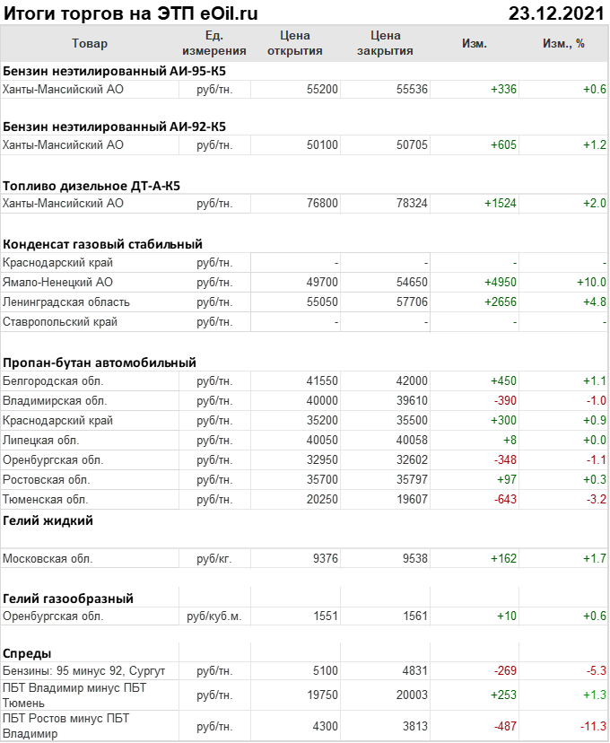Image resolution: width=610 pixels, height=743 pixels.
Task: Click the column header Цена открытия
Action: pos(295,43)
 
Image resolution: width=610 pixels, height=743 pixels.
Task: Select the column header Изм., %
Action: pos(563,43)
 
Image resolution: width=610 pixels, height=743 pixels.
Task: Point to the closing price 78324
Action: pos(412,204)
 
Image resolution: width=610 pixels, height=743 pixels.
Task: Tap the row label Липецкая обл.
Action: pos(41,441)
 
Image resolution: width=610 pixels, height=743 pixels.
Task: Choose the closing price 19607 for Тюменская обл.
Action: pos(412,500)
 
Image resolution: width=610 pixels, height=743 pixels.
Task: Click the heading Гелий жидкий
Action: pos(48,520)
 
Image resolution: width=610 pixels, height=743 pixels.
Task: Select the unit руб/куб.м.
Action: pos(213,616)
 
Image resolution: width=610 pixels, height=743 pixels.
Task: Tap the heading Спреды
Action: pos(27,653)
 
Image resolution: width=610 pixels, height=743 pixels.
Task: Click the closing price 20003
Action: pos(412,695)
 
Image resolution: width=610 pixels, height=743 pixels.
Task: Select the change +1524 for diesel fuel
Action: pos(501,204)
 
